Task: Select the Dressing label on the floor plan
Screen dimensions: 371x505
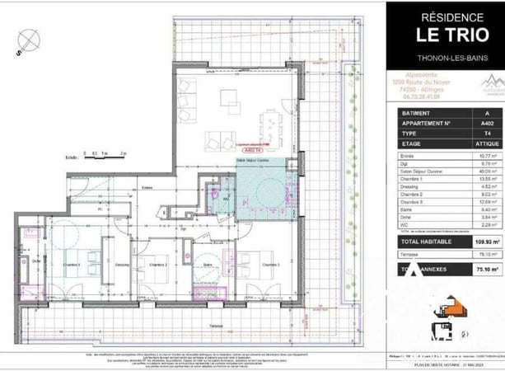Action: coord(122,264)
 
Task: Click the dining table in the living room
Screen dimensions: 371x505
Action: coord(268,129)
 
